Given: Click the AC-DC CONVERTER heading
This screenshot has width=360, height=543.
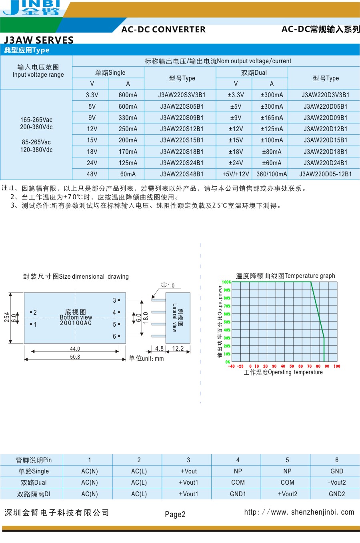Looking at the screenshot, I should click(x=163, y=30).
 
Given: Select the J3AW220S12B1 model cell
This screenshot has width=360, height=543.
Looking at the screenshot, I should click(x=182, y=129).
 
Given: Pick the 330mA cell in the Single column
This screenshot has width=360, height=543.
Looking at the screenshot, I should click(x=128, y=118).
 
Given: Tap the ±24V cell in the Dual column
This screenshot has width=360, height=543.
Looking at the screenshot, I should click(x=236, y=163).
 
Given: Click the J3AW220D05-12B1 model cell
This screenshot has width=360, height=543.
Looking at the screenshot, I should click(x=325, y=174).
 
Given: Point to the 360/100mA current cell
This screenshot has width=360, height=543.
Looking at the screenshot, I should click(x=272, y=174).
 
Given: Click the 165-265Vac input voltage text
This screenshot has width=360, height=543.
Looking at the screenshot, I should click(x=36, y=120).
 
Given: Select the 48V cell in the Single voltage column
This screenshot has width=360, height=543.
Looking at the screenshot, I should click(x=92, y=174).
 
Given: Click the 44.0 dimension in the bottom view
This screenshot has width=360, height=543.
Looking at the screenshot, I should click(x=75, y=349).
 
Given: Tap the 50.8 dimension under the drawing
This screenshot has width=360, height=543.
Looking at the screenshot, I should click(x=75, y=357).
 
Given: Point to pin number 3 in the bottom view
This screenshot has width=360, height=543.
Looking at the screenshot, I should click(x=114, y=300).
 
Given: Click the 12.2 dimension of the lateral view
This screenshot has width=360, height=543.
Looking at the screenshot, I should click(x=178, y=349).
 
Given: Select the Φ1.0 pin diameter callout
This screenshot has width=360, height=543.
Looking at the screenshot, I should click(x=168, y=285).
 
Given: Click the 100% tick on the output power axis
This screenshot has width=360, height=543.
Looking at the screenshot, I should click(x=226, y=282).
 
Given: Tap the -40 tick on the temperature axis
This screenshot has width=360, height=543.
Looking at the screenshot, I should click(x=231, y=366).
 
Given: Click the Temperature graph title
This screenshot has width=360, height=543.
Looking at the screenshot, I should click(x=285, y=276).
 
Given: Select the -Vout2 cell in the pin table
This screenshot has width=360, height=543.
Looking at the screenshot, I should click(x=336, y=483).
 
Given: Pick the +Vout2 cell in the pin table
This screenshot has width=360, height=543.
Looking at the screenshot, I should click(x=287, y=494).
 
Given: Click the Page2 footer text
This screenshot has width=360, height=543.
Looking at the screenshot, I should click(x=175, y=515).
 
